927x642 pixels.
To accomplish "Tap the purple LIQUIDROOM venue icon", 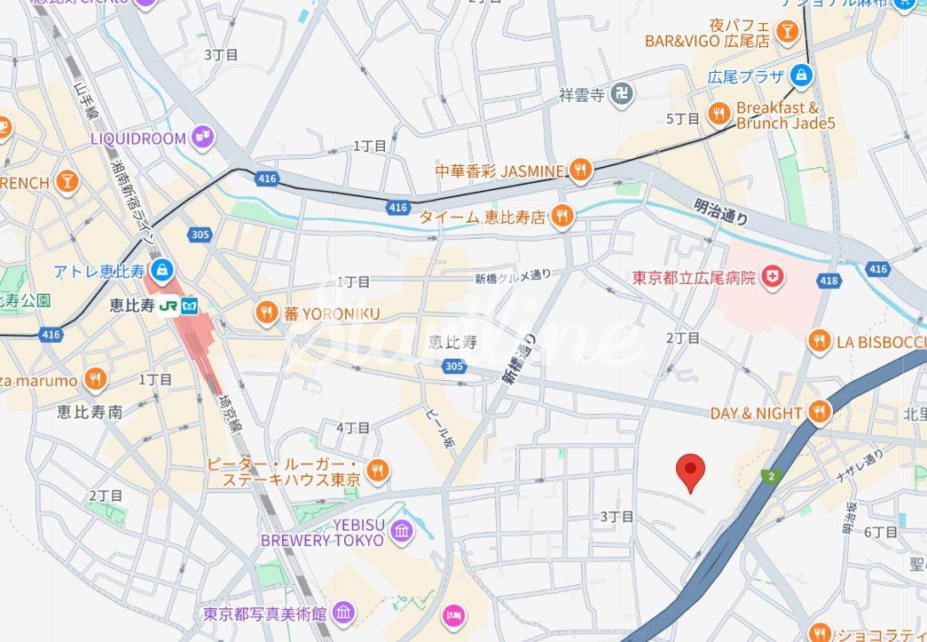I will pos(203,138).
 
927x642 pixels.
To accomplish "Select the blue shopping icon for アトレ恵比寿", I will pos(161,269).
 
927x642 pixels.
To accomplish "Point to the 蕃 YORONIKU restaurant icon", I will pos(265,313).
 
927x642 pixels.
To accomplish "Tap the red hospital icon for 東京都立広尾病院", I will pos(774,278).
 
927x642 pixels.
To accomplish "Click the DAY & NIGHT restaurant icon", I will pos(819,413).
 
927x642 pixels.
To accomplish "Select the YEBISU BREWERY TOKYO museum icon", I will pos(402,531).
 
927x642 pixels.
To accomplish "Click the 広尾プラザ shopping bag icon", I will pos(802,74).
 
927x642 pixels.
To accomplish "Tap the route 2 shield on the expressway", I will pos(769,477).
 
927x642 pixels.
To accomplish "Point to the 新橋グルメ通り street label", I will pos(513,277).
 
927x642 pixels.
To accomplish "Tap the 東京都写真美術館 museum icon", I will pos(343,613).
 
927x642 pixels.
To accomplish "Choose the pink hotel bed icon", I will pos(453,614).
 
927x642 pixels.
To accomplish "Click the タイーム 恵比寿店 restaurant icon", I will pos(561,216).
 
